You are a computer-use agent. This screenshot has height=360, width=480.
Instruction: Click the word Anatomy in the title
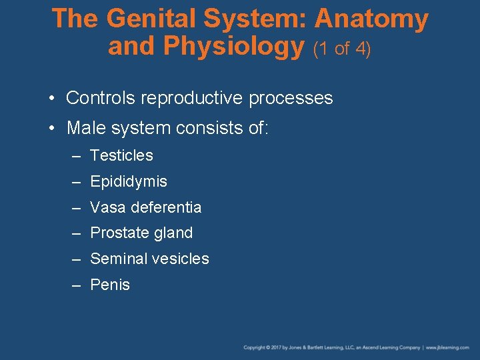point(371,19)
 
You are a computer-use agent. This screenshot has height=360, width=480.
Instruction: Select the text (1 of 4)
point(341,49)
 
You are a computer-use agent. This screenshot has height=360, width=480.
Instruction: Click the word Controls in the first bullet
point(101,98)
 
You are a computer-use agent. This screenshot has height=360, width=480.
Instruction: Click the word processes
point(291,99)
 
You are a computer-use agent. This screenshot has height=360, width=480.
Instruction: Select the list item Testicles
point(121,155)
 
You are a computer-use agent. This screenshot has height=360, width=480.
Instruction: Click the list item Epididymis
point(129,181)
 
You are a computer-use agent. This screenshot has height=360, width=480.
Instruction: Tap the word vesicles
point(179,259)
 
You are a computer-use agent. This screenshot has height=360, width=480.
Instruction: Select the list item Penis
point(110,285)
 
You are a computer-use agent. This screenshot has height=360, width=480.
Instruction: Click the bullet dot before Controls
point(51,99)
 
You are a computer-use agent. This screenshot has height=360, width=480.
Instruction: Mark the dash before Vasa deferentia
point(77,207)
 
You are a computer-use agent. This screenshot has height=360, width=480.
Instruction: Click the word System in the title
point(257,19)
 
